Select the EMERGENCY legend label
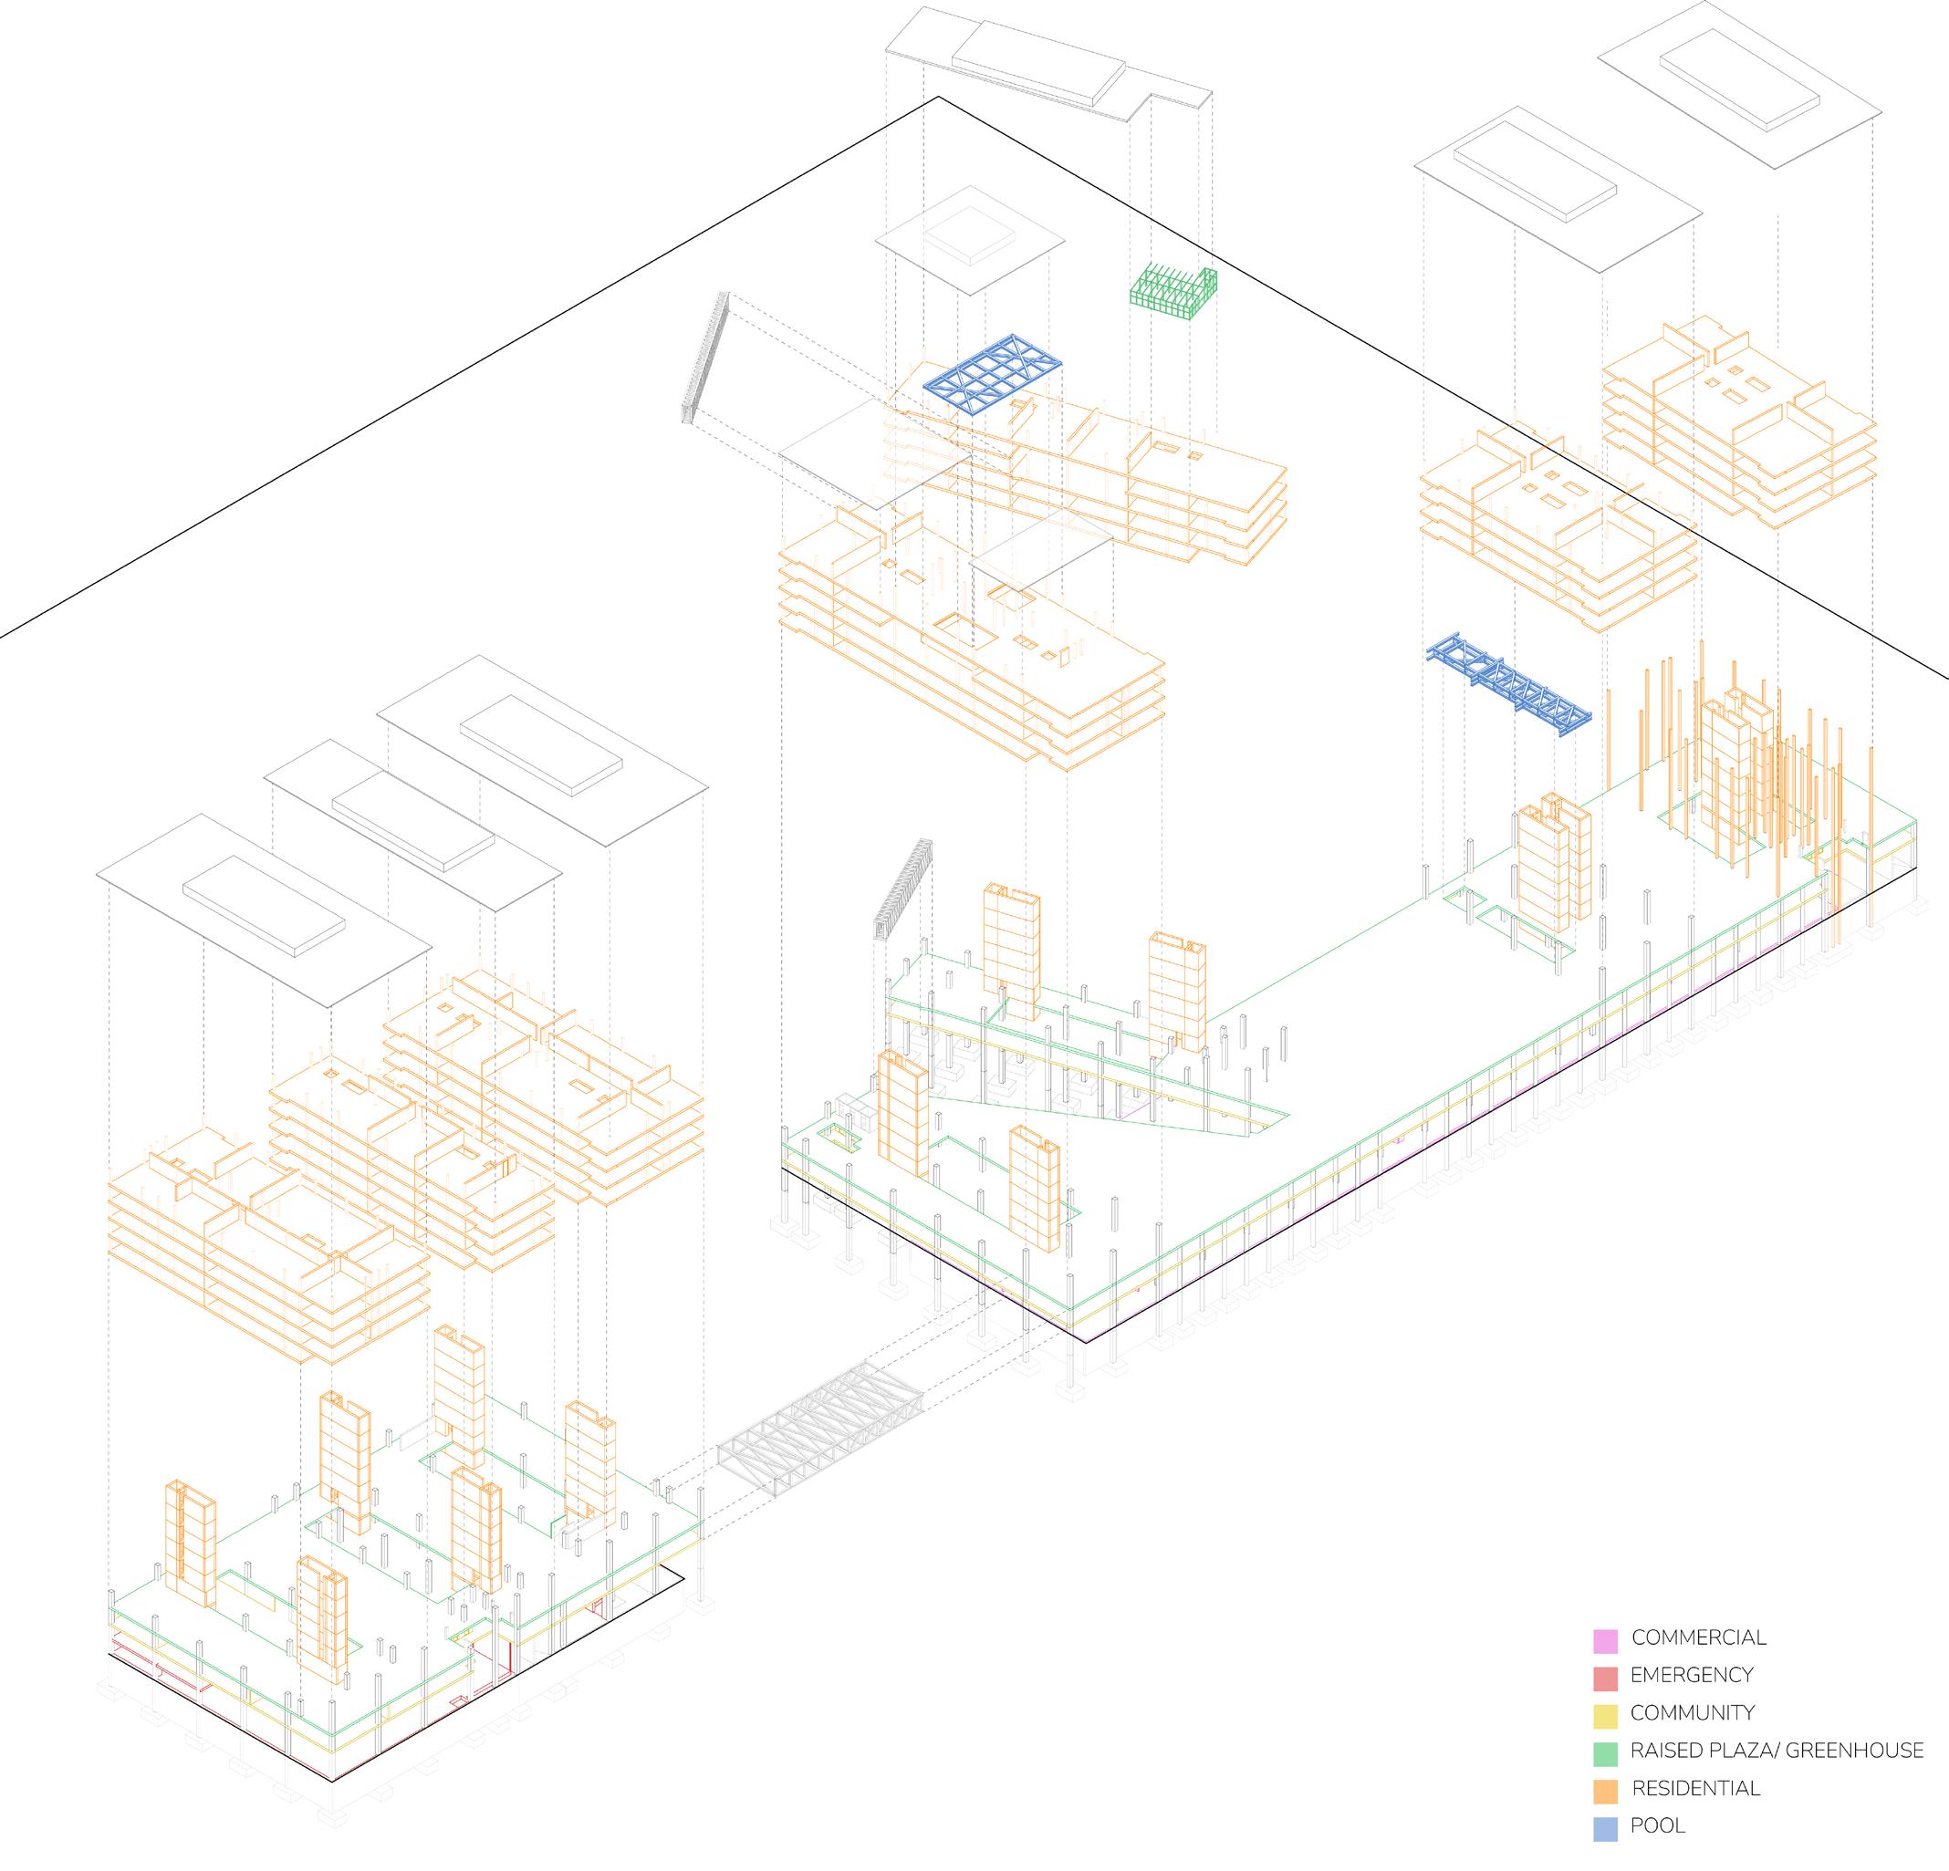click(1692, 1675)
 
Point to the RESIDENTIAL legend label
click(1695, 1789)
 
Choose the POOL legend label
click(1658, 1826)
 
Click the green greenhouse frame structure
click(1174, 293)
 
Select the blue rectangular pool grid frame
click(994, 373)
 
